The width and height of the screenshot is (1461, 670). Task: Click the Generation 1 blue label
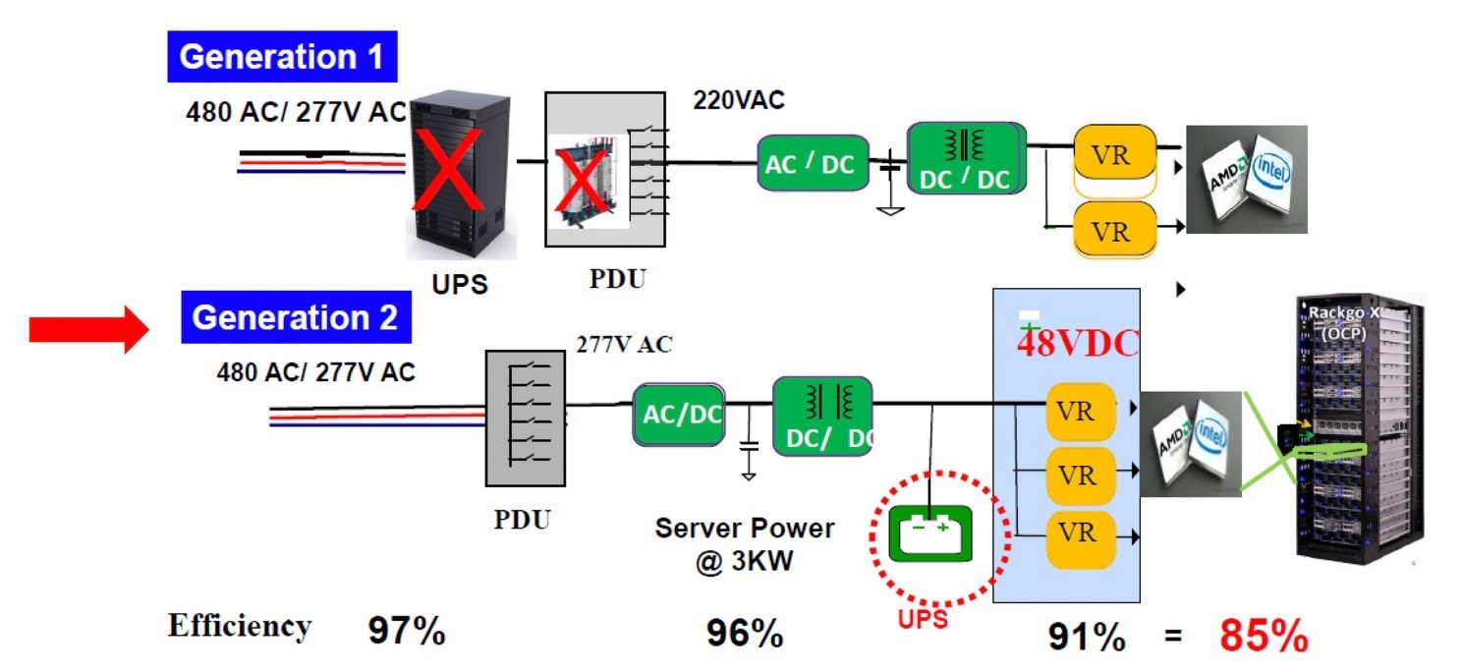(281, 57)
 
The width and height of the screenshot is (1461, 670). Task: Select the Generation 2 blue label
(295, 318)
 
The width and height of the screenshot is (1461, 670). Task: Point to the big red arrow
(86, 330)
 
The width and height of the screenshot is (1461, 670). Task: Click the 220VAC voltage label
(739, 100)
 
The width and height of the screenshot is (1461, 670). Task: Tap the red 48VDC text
(1077, 343)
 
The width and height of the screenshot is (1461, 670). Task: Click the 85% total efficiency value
(1264, 637)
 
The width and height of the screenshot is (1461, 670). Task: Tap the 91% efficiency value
(1087, 638)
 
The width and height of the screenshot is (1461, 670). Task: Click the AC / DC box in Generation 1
(813, 163)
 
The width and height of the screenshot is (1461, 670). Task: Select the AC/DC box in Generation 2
(680, 414)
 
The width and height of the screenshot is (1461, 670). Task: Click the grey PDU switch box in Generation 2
(526, 419)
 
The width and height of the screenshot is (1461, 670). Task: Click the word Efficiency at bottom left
(240, 626)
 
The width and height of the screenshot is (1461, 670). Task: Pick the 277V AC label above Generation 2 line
(624, 345)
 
